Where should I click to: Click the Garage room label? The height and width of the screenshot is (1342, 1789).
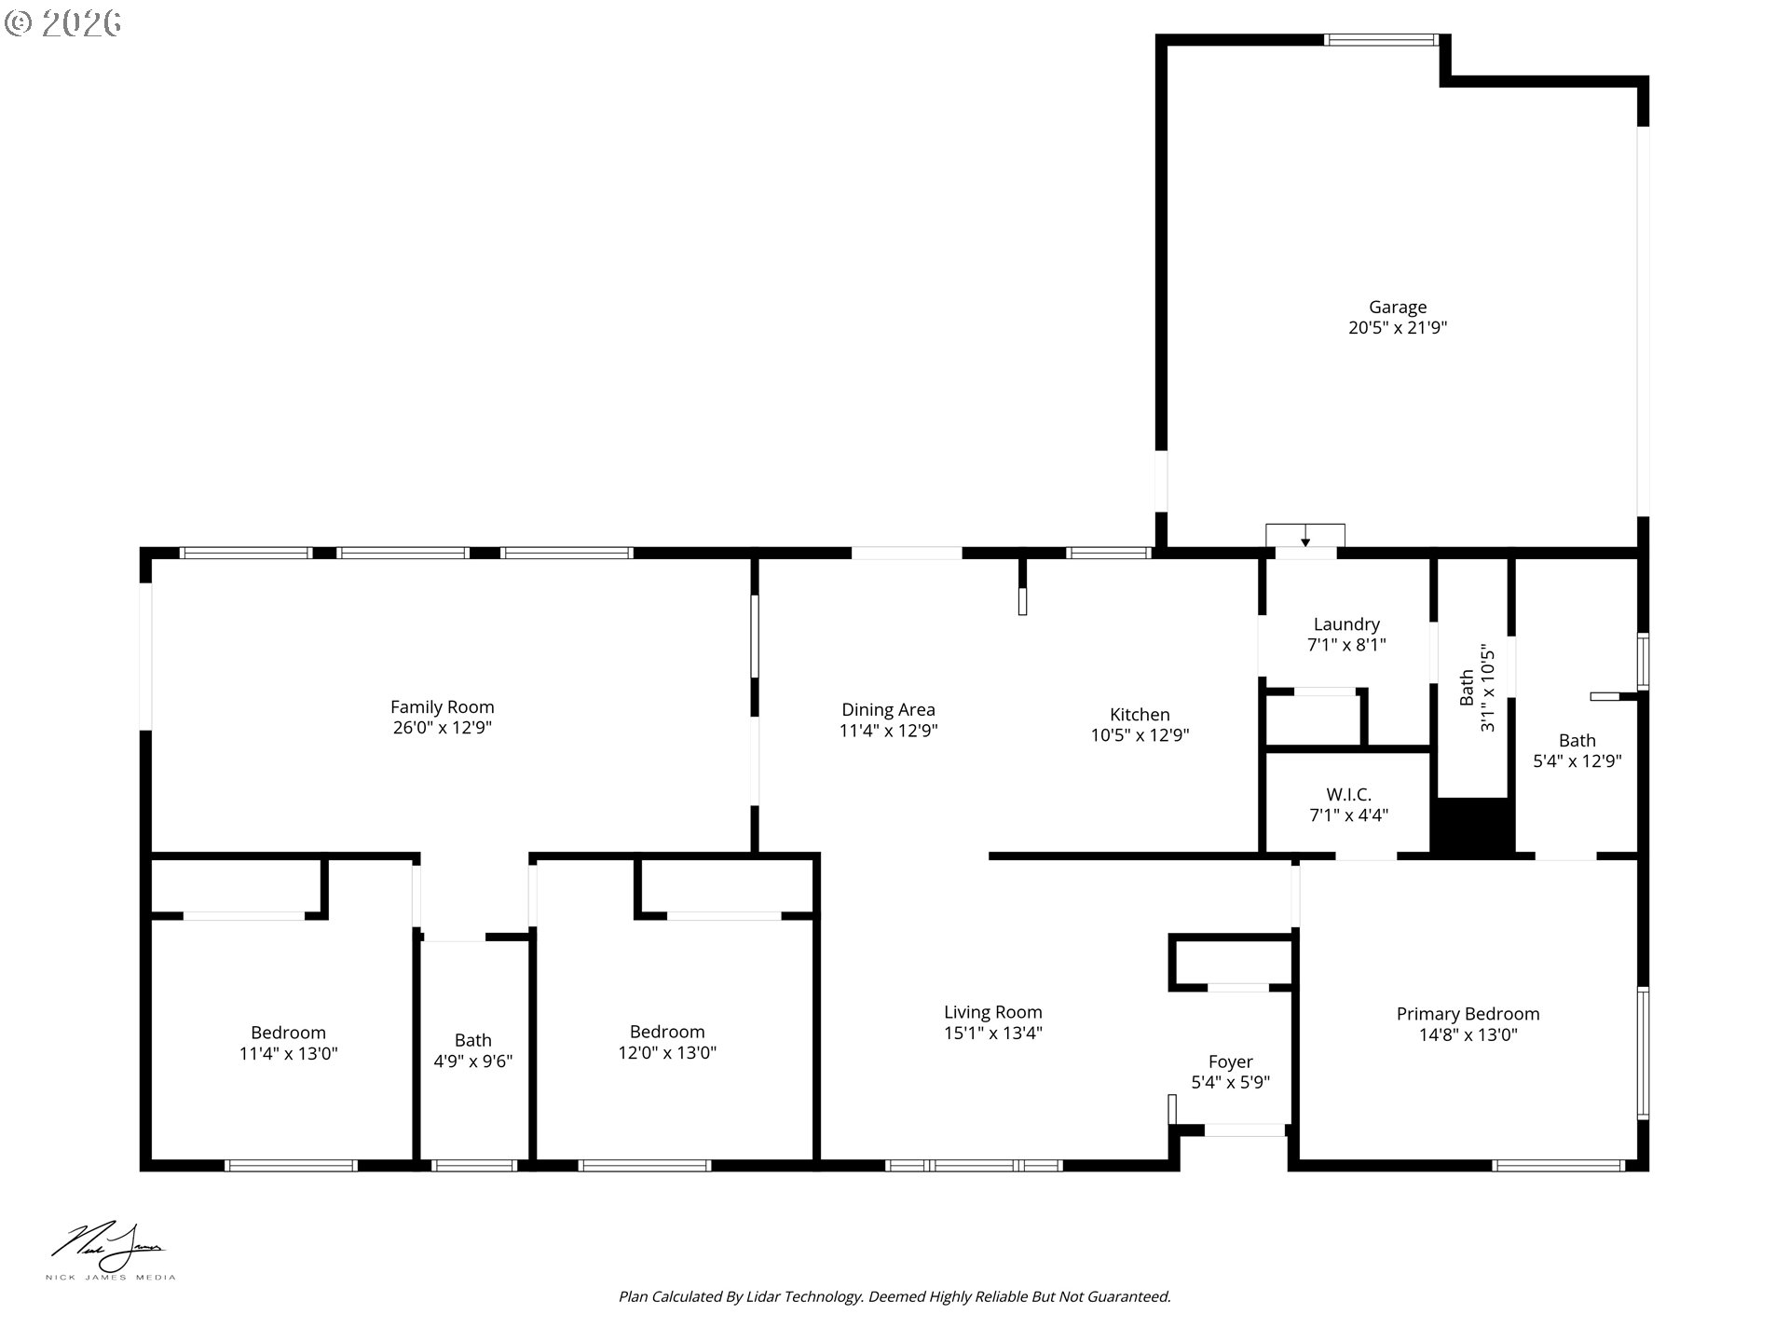1397,308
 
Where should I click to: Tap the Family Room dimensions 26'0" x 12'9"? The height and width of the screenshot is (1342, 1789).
442,728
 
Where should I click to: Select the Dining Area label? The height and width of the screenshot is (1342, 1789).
888,710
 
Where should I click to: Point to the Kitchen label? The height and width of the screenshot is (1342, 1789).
1140,715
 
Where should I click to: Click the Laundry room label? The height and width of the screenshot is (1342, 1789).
1346,624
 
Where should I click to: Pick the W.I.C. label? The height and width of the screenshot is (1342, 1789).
1348,795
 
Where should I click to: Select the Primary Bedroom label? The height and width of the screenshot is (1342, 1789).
1468,1014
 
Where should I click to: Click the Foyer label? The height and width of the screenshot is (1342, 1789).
1230,1061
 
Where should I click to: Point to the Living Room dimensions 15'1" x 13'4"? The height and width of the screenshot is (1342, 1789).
992,1033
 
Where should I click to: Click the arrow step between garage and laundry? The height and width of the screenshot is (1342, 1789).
1304,537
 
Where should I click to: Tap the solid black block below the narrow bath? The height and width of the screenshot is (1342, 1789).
1472,826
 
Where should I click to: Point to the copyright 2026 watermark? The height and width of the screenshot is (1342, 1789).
63,22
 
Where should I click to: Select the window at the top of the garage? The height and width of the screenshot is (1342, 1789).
1382,40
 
